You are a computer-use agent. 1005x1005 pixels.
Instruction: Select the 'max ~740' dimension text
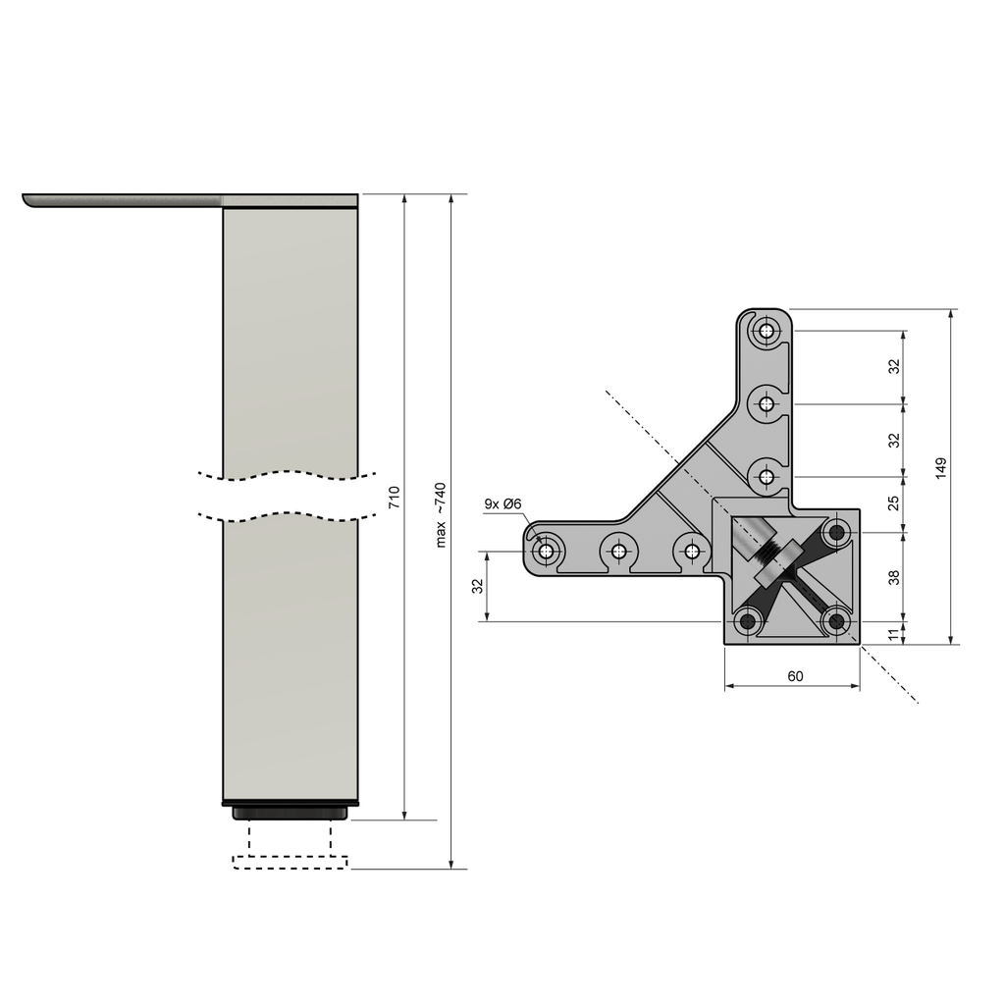[441, 514]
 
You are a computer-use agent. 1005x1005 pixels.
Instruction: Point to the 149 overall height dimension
[940, 467]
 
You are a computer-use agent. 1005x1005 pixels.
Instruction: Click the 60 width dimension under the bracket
[794, 675]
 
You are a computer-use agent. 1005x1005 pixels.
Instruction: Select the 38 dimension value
[893, 577]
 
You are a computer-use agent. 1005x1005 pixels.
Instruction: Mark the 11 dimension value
[893, 634]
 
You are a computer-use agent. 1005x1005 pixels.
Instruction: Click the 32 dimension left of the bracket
[478, 586]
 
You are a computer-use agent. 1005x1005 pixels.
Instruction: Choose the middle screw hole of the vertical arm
[766, 403]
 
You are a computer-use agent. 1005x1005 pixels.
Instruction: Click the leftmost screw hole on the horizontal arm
[547, 551]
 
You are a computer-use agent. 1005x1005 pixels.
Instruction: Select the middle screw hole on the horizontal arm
[619, 551]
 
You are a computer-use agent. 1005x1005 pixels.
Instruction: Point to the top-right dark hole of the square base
[837, 533]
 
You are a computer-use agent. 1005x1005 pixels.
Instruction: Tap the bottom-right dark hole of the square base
[837, 620]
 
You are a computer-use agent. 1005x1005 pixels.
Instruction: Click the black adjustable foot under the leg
[291, 812]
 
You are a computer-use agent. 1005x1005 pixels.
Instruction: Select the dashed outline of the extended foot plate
[291, 863]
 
